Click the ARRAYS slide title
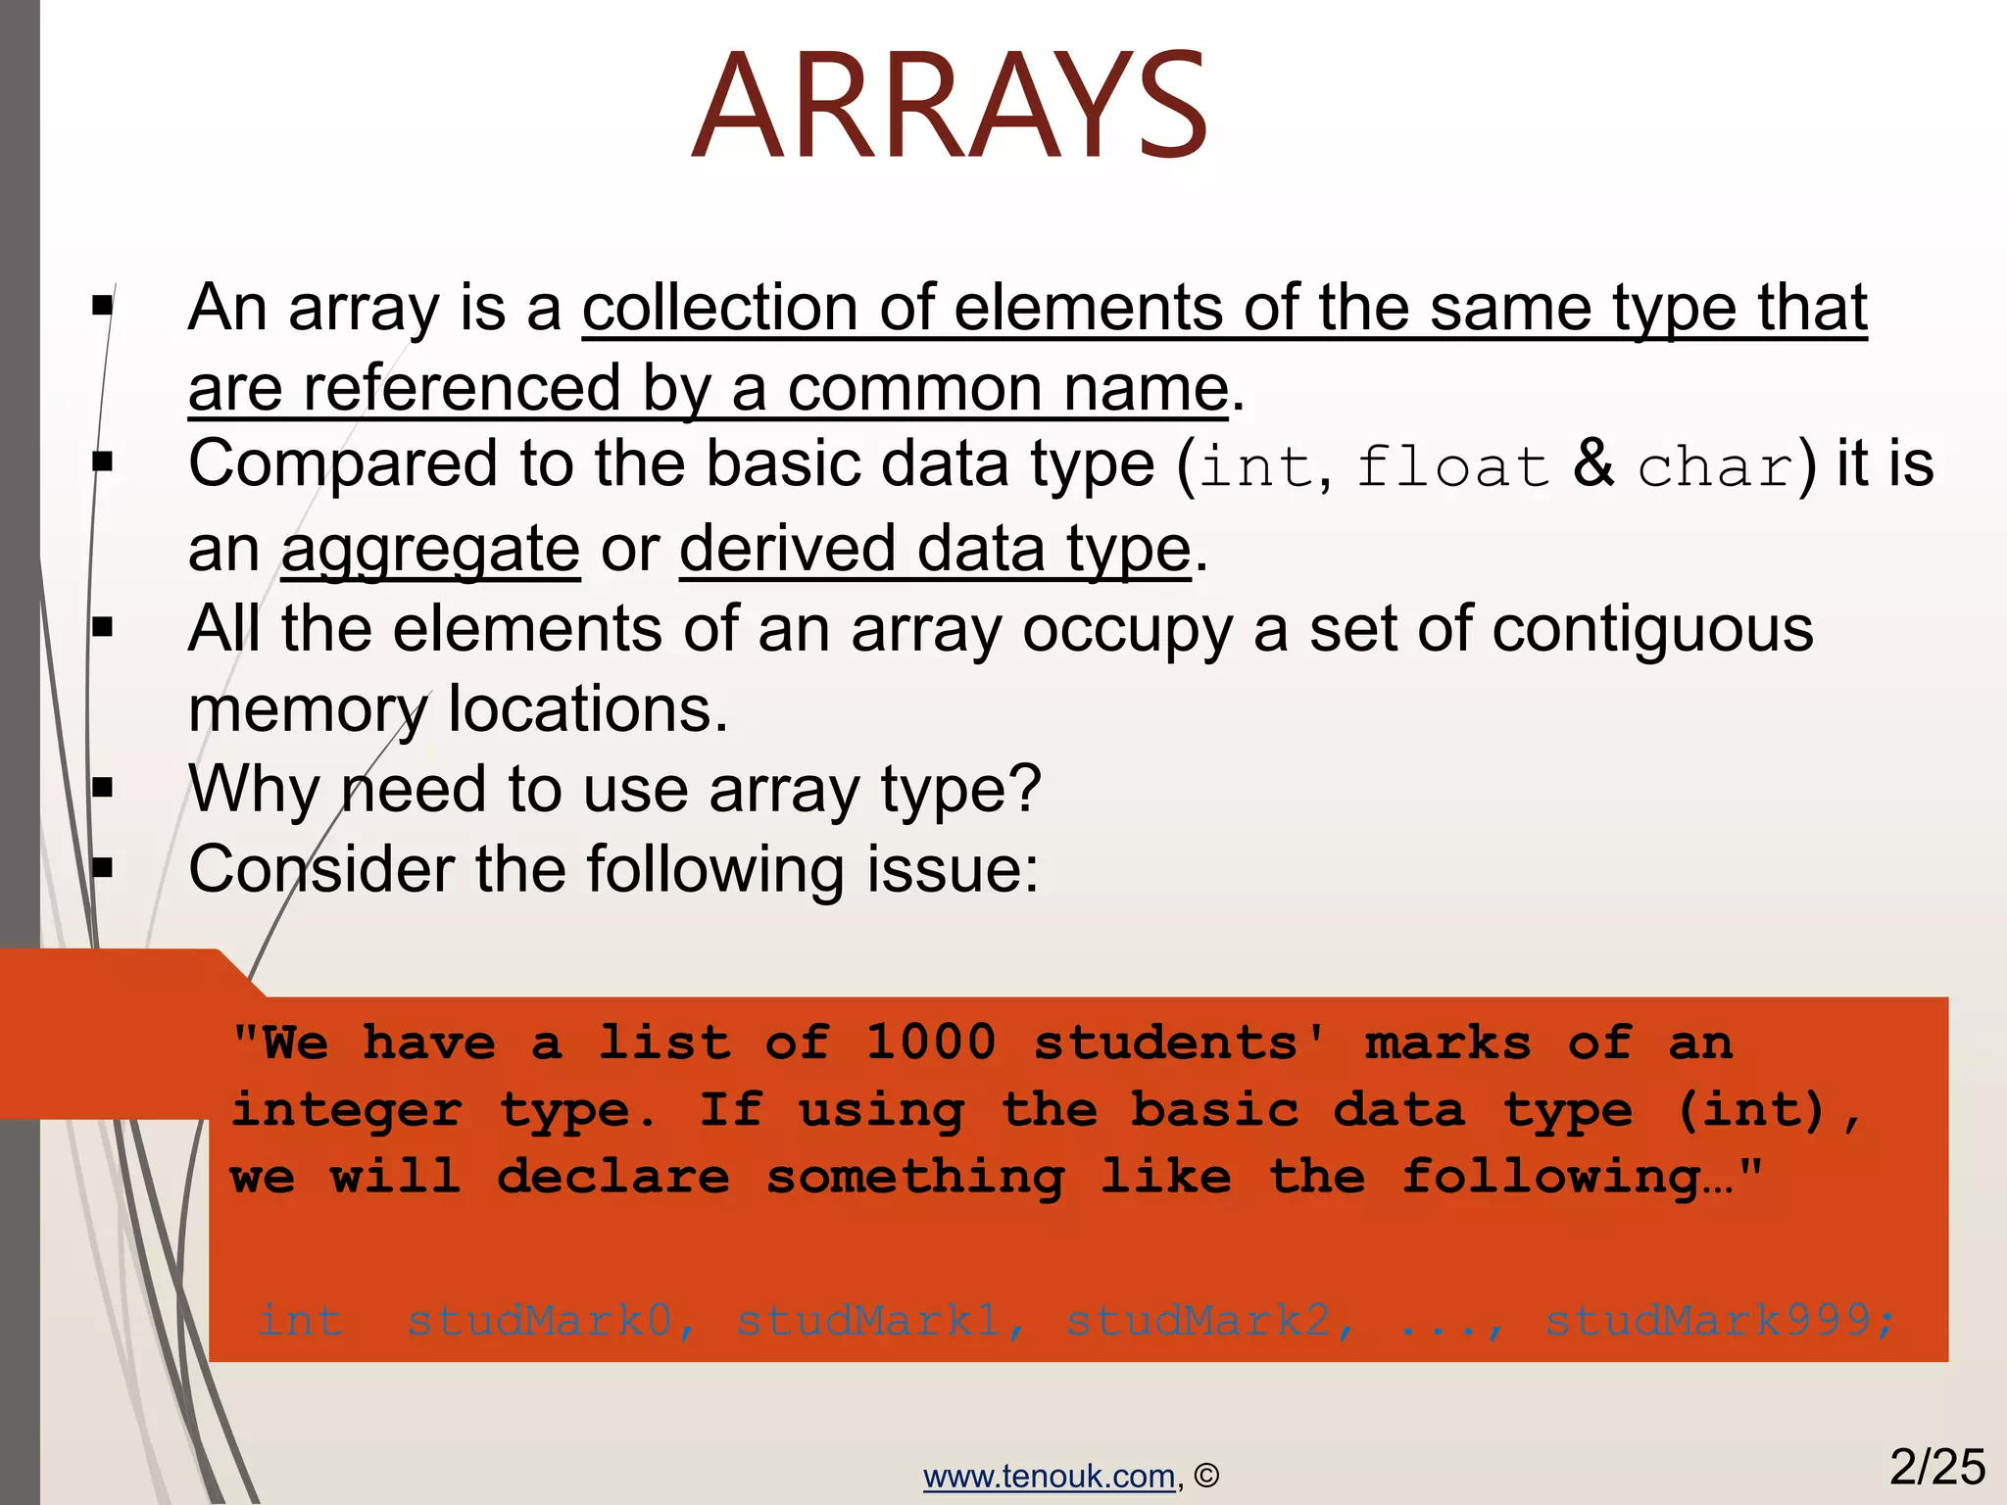[x=949, y=106]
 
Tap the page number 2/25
[x=1936, y=1468]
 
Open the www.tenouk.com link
[x=1049, y=1476]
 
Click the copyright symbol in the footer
[x=1206, y=1476]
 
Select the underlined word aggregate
[x=430, y=549]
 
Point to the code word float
[x=1451, y=466]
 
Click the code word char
[x=1716, y=466]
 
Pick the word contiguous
[x=1652, y=628]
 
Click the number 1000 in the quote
[x=930, y=1042]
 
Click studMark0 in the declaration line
[x=539, y=1321]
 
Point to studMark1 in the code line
[x=868, y=1321]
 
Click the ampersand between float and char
[x=1593, y=462]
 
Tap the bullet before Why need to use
[x=103, y=787]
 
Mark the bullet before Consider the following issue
[x=103, y=867]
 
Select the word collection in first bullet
[x=720, y=308]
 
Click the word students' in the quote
[x=1180, y=1042]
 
